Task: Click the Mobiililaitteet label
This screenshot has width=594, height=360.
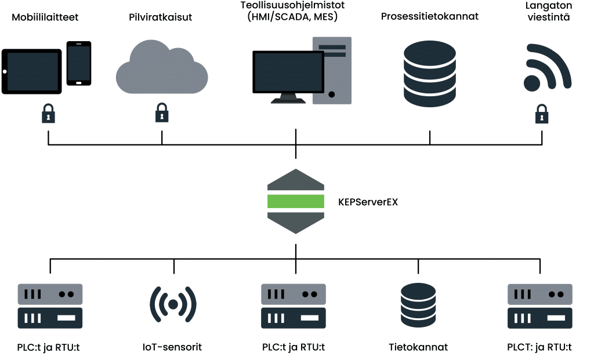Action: click(x=45, y=17)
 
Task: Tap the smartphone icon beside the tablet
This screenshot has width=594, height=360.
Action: click(x=79, y=63)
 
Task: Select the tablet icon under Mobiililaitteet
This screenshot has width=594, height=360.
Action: click(x=32, y=71)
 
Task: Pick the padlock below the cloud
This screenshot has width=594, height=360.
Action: click(x=162, y=113)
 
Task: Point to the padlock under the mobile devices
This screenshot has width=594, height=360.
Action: click(x=48, y=113)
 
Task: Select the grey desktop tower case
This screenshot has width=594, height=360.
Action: click(x=332, y=70)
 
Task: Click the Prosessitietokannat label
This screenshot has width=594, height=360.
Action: click(x=429, y=16)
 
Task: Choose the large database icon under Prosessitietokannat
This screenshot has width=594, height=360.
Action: click(x=430, y=74)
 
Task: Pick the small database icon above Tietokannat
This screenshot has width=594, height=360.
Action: click(x=418, y=305)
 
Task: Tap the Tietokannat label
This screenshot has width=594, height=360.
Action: click(x=418, y=348)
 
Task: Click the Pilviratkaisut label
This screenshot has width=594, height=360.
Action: click(x=161, y=17)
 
